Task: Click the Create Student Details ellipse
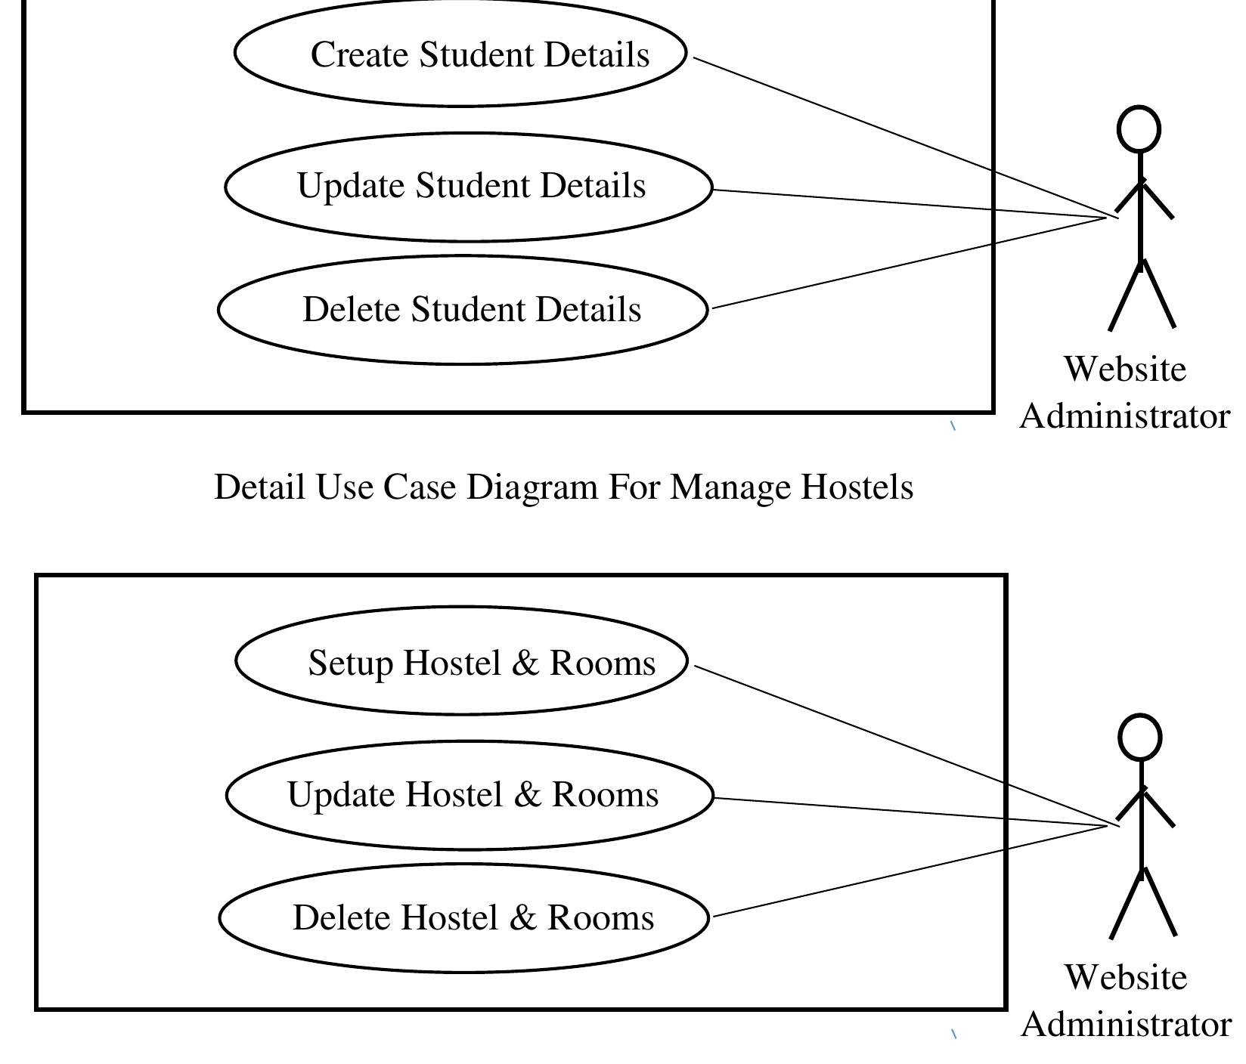[460, 54]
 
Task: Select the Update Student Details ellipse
[469, 187]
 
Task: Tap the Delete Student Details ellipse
[463, 310]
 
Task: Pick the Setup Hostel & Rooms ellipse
[461, 661]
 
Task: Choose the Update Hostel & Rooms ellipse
[470, 795]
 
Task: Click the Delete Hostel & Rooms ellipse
[463, 918]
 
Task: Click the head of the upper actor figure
[1139, 129]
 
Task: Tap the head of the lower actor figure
[1139, 738]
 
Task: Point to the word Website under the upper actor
[1125, 370]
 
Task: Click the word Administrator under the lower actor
[1126, 1025]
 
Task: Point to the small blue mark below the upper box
[953, 426]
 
